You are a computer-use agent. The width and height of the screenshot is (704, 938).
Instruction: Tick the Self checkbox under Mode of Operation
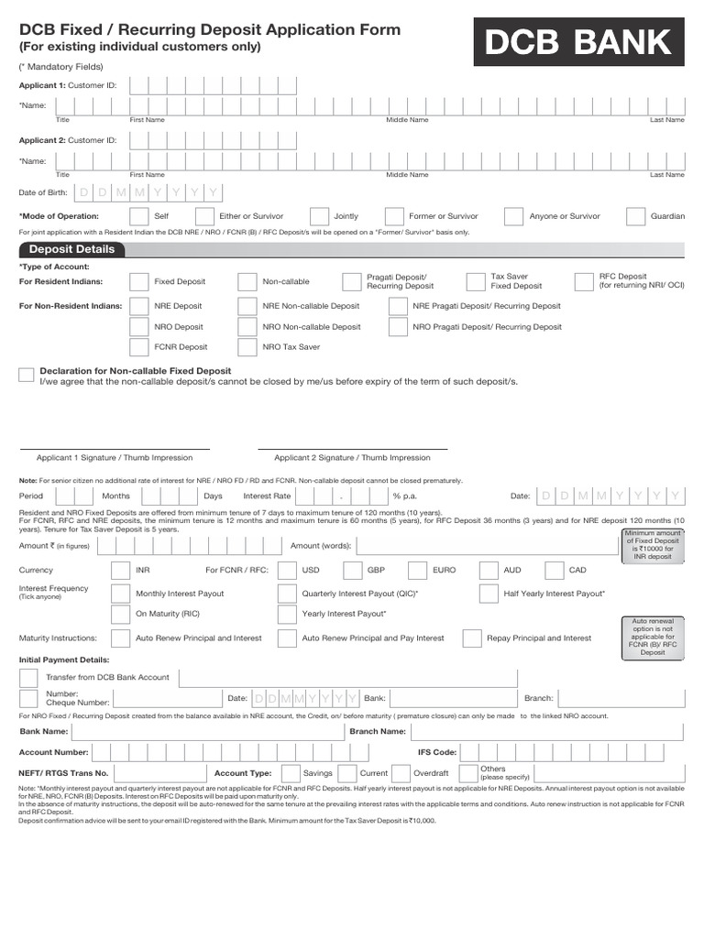click(x=139, y=216)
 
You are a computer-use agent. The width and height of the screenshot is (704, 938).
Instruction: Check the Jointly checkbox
click(x=319, y=216)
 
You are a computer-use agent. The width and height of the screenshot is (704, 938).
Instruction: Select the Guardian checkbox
click(x=635, y=216)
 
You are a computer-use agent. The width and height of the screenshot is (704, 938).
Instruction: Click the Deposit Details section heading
click(x=71, y=249)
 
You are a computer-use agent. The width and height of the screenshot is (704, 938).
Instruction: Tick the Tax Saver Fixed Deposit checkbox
click(x=476, y=281)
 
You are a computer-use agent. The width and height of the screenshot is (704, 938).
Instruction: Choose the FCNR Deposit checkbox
click(x=139, y=347)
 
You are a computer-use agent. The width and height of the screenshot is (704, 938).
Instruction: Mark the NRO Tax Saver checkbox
click(x=247, y=347)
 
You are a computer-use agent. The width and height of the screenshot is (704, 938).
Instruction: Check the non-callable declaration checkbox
click(x=27, y=375)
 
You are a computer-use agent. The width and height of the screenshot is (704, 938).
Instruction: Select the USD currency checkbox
click(x=287, y=570)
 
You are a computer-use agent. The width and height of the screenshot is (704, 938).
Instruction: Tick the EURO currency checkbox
click(x=417, y=570)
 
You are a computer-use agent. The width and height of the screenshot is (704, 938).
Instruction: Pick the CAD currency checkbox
click(x=553, y=570)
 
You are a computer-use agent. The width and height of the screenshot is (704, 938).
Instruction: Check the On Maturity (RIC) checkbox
click(x=120, y=614)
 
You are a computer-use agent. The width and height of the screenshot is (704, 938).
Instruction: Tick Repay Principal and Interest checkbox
click(x=471, y=638)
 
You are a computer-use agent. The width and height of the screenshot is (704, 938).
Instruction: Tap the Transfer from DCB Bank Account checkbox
click(x=28, y=678)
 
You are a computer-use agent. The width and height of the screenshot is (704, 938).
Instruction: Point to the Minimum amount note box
click(x=653, y=545)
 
